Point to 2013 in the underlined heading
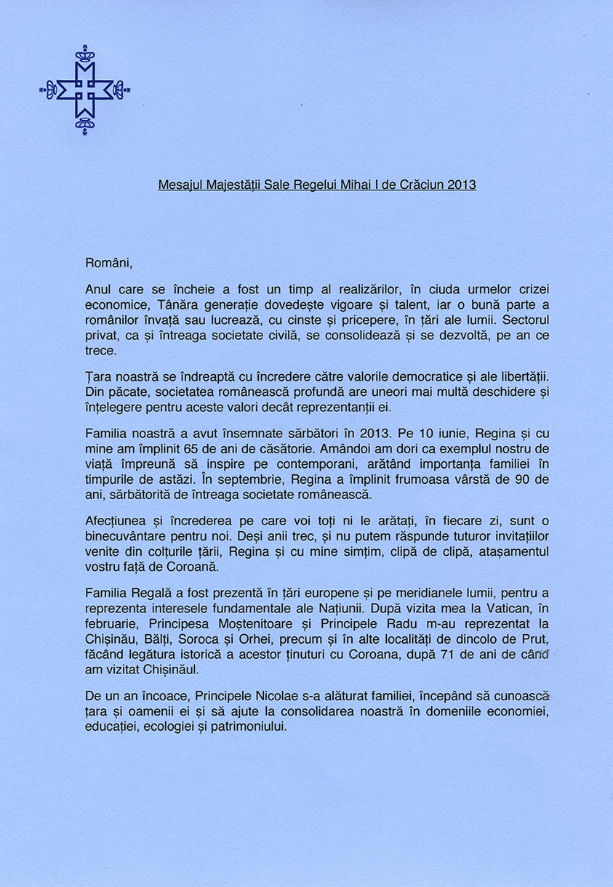coord(462,185)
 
